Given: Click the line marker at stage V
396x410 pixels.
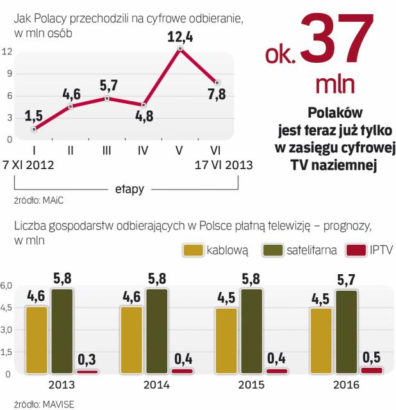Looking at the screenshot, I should pyautogui.click(x=181, y=49).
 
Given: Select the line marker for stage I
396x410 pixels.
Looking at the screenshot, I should pyautogui.click(x=34, y=129).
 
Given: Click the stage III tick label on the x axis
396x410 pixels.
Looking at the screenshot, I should pyautogui.click(x=107, y=151).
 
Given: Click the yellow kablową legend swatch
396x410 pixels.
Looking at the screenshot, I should pyautogui.click(x=193, y=250).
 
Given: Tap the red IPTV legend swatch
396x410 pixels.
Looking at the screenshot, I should pyautogui.click(x=356, y=250).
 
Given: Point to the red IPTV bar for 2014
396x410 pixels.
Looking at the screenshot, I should pyautogui.click(x=181, y=371).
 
